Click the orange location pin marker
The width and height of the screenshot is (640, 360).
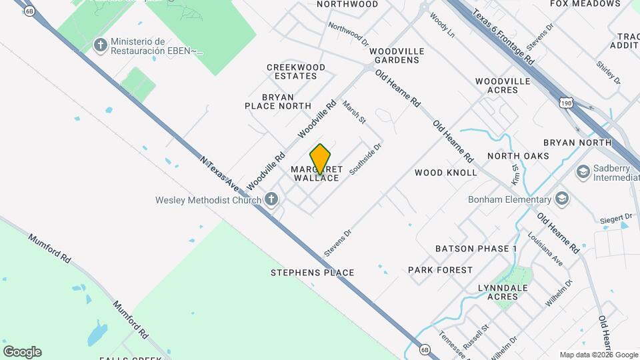[321, 159]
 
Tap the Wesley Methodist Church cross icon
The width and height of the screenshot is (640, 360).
[271, 199]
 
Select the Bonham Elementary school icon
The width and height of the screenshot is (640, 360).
[562, 199]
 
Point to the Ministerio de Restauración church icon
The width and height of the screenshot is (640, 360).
[101, 45]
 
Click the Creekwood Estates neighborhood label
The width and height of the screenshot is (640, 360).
[296, 71]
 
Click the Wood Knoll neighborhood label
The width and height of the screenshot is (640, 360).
[446, 173]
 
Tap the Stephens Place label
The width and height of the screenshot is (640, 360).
[312, 273]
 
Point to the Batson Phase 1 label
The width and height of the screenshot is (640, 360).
[476, 249]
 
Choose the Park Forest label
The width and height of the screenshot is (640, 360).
[440, 270]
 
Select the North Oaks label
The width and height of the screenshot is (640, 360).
[518, 156]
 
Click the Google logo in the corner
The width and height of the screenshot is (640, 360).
[22, 352]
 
